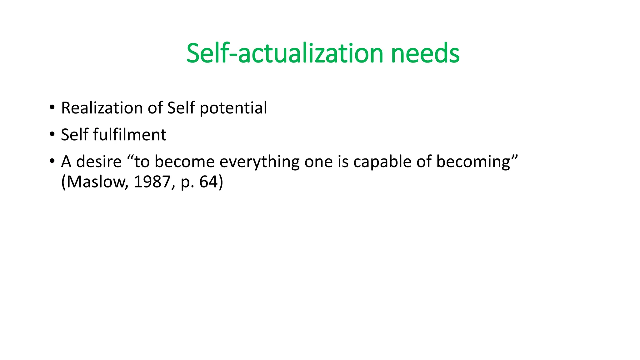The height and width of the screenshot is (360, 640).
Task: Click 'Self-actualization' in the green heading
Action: tap(285, 53)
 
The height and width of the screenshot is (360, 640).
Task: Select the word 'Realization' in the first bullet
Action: tap(102, 108)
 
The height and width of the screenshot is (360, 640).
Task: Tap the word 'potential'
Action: tap(233, 108)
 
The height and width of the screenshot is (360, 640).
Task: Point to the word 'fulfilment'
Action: tap(129, 135)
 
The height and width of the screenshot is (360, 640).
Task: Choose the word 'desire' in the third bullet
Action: tap(99, 162)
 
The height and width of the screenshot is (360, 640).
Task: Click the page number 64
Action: tap(208, 182)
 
